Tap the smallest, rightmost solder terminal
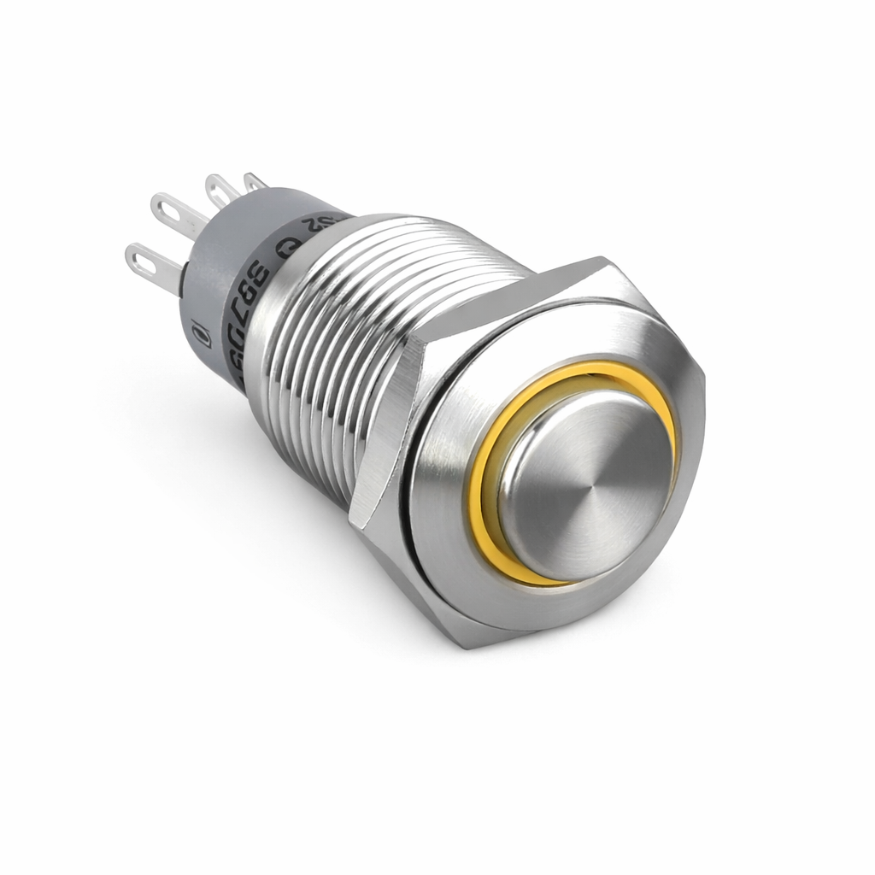click(255, 181)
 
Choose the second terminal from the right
click(220, 187)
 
